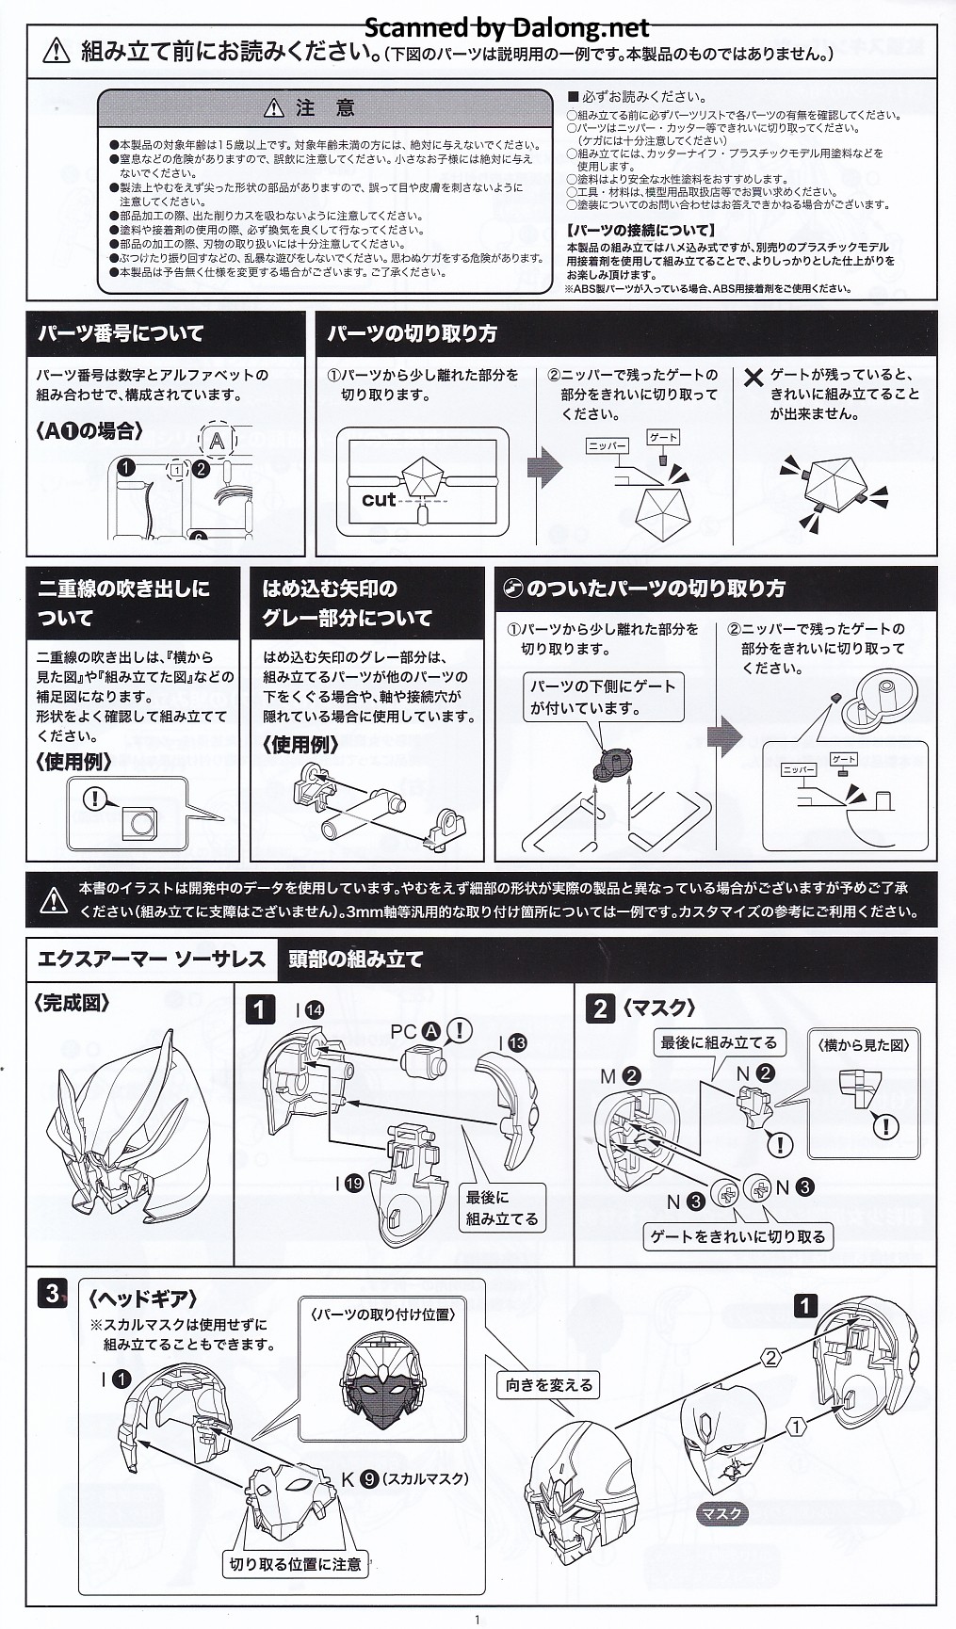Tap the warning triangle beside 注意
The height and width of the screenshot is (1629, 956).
click(273, 108)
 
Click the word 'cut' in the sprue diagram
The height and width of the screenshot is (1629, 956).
click(378, 499)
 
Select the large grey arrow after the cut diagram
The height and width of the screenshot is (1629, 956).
click(543, 467)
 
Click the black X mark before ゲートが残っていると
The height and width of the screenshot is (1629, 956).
click(753, 378)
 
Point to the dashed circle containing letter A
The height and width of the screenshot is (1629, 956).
click(218, 440)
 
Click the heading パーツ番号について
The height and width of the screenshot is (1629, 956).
click(121, 332)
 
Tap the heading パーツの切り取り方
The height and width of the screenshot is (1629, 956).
click(413, 332)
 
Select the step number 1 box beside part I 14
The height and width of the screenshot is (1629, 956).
click(260, 1010)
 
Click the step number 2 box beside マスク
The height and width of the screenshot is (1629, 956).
click(600, 1008)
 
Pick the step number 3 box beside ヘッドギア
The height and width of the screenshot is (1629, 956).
click(52, 1293)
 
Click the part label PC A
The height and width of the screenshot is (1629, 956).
click(416, 1031)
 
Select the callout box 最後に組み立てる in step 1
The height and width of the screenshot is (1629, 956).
click(501, 1208)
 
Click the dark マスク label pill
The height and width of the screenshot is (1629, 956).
click(722, 1514)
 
